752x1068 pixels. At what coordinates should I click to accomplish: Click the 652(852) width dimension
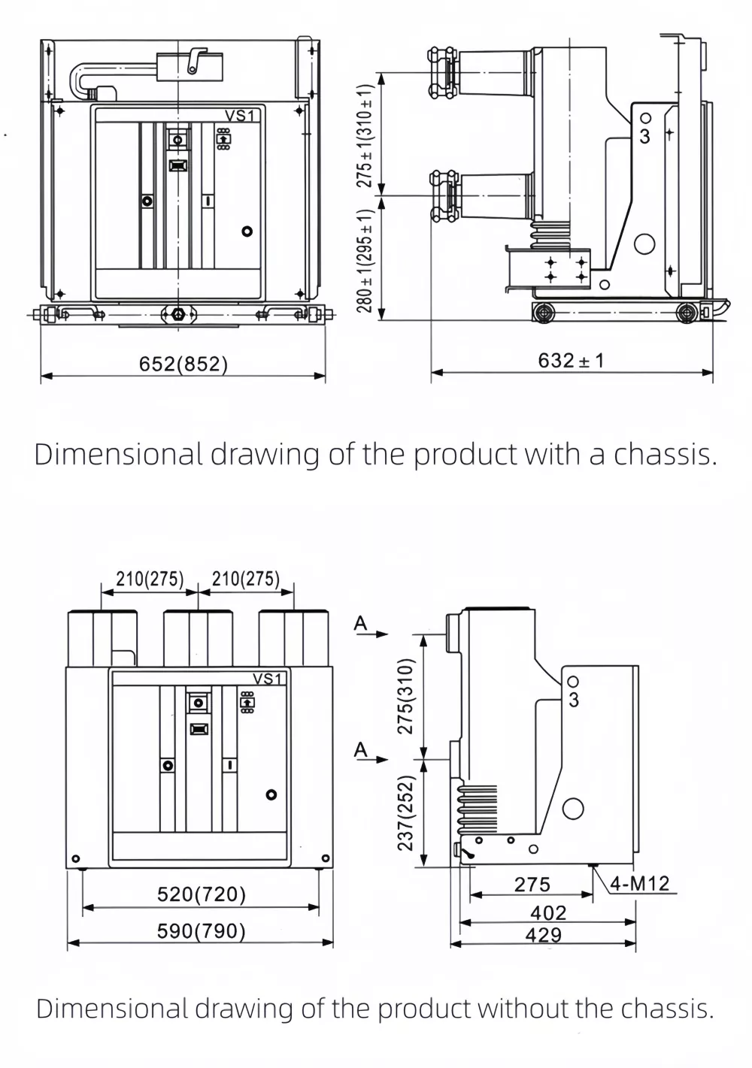click(183, 365)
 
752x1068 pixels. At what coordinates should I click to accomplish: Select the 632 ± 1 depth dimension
click(571, 361)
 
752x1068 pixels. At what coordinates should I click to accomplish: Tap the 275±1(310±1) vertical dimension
click(365, 135)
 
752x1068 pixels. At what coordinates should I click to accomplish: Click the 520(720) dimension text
click(202, 894)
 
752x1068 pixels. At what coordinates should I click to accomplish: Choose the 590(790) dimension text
click(202, 931)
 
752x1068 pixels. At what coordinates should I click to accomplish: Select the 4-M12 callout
click(639, 884)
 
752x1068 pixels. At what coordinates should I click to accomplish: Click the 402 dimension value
click(548, 912)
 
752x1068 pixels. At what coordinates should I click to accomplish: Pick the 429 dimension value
click(544, 935)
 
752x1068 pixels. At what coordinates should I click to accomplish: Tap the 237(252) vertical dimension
click(406, 812)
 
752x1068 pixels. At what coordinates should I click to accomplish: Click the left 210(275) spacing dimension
click(150, 579)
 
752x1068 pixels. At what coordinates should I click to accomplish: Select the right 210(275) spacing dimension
click(246, 579)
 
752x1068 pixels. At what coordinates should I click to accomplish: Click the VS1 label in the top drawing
click(242, 115)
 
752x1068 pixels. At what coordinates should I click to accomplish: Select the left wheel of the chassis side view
click(543, 312)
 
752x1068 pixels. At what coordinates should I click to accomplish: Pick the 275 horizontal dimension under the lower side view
click(532, 885)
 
